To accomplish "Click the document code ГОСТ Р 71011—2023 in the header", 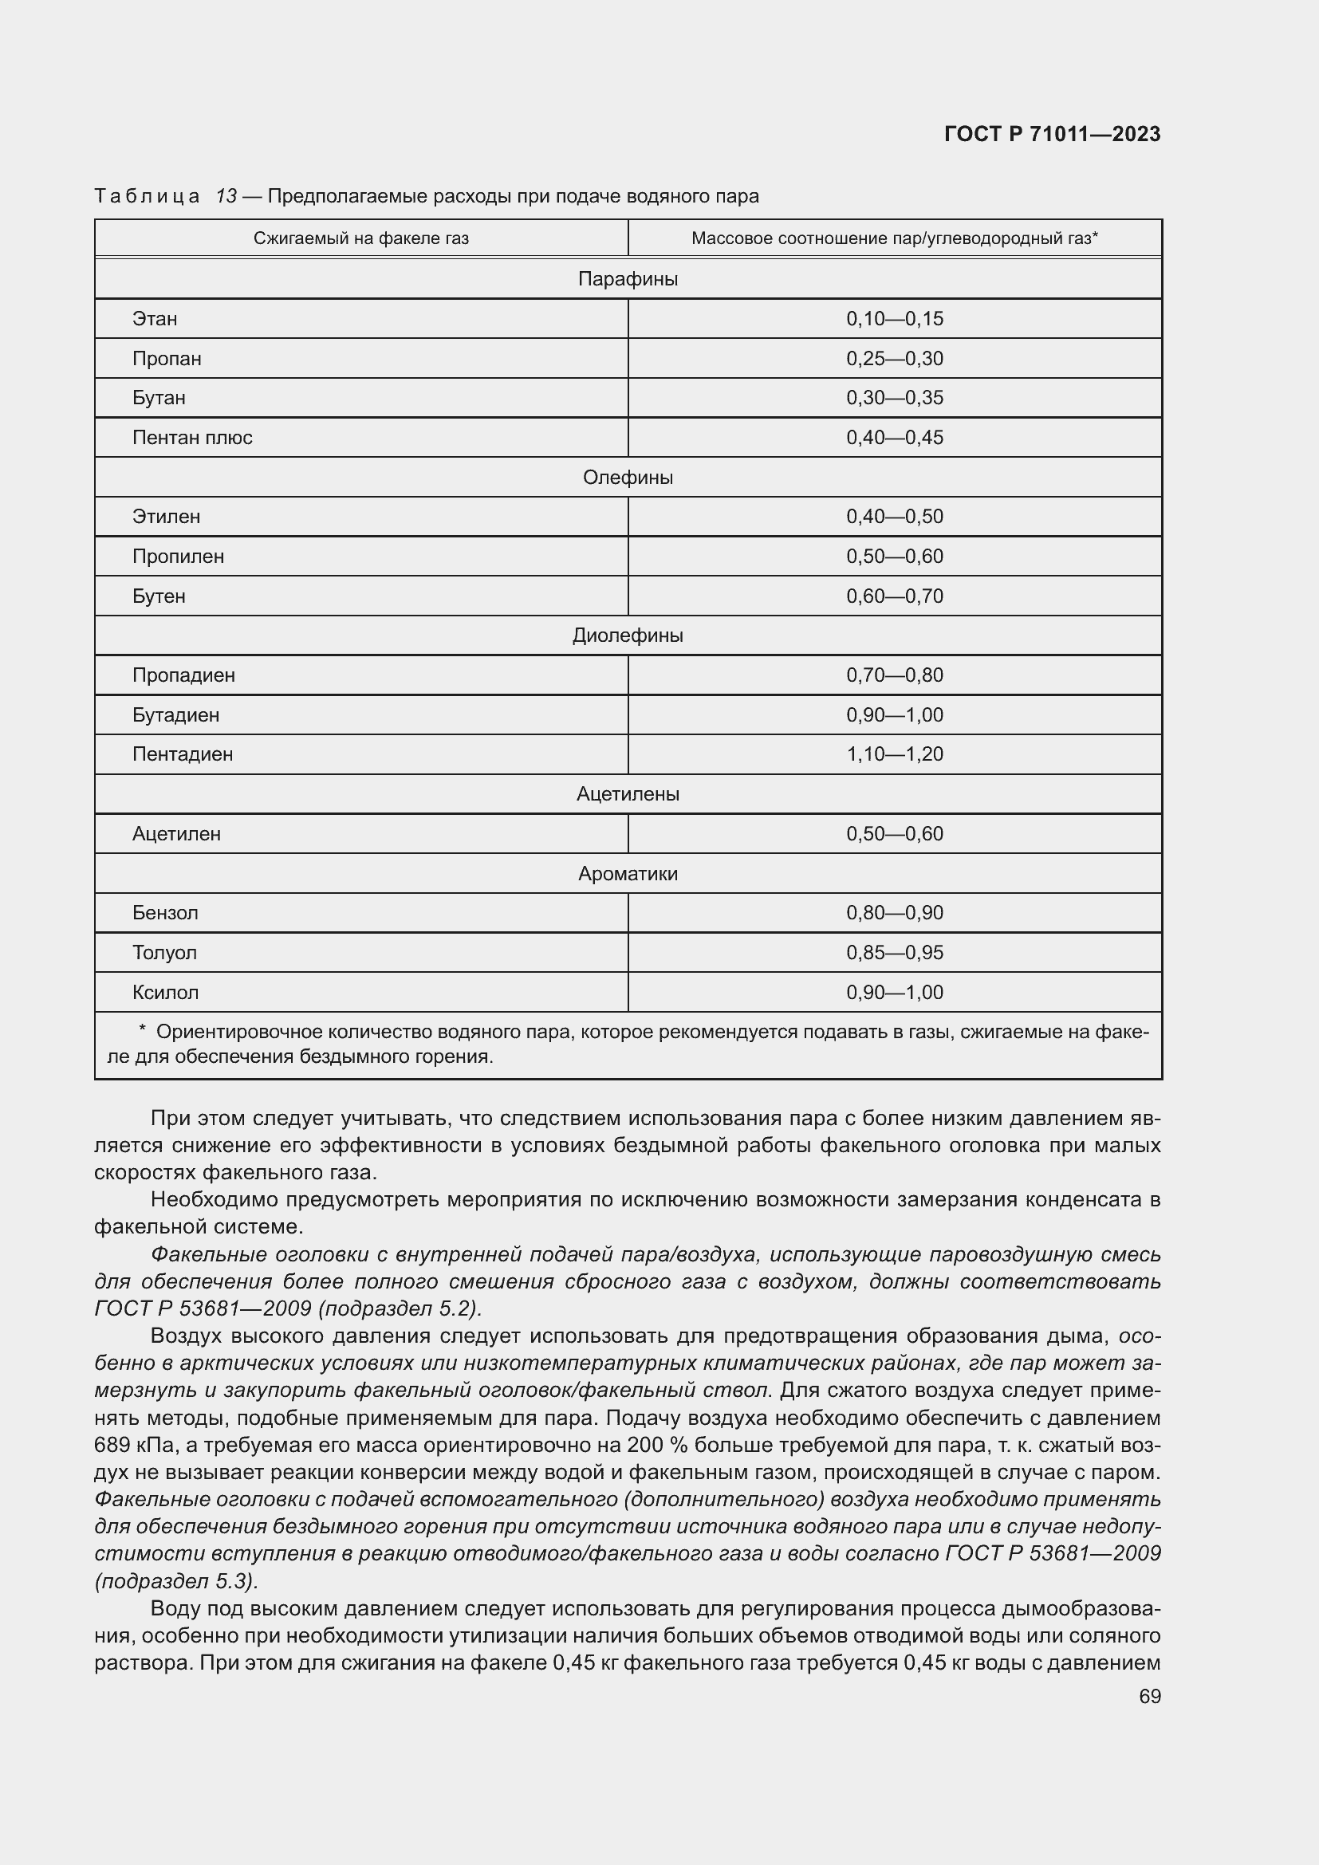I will click(x=1052, y=134).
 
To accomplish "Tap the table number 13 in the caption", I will click(x=226, y=196).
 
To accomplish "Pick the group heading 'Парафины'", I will click(x=628, y=278).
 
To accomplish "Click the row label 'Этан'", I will click(x=155, y=318).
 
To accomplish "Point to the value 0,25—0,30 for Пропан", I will click(x=894, y=358).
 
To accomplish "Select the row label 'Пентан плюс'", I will click(x=192, y=438).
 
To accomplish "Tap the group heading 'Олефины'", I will click(x=628, y=478).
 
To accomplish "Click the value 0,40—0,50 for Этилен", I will click(x=894, y=517).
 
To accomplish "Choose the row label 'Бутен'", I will click(x=159, y=596).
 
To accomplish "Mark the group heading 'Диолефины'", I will click(x=628, y=635).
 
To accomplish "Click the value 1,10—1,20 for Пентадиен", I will click(x=894, y=753).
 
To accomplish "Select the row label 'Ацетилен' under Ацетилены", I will click(x=176, y=833).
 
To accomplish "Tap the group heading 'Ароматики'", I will click(x=628, y=873).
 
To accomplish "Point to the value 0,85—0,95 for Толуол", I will click(x=894, y=952).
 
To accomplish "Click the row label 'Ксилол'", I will click(x=166, y=992).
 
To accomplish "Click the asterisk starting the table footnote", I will click(x=142, y=1031).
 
